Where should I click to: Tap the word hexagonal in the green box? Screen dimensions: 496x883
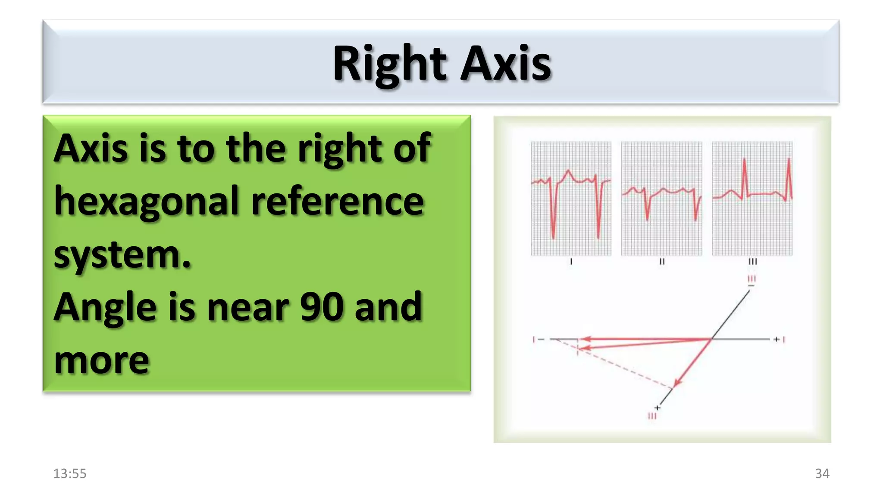[146, 201]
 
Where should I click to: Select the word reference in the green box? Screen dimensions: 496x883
[338, 201]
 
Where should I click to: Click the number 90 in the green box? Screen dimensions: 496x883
[322, 307]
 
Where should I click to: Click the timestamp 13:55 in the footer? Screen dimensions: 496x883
[70, 474]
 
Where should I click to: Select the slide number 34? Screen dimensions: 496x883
[822, 474]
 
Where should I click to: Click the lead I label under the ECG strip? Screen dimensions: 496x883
[571, 262]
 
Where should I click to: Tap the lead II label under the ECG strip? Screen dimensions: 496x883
[662, 262]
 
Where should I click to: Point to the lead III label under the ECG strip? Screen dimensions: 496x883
[752, 262]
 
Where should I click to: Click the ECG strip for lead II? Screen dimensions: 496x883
[661, 198]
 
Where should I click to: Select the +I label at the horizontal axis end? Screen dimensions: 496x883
[780, 340]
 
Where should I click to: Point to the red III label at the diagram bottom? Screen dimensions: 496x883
[652, 416]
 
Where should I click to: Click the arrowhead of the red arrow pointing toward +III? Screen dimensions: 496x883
[677, 383]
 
